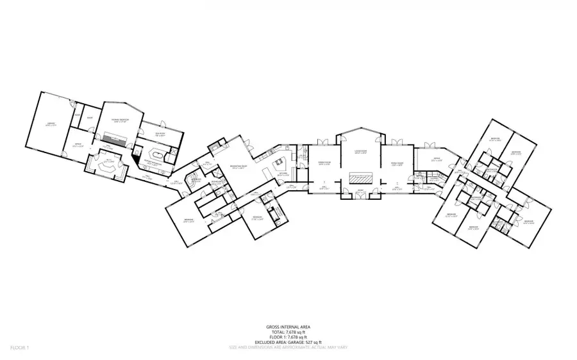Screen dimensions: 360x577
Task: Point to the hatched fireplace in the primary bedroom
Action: (x=116, y=138)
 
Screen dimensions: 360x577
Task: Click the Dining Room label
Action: (x=324, y=164)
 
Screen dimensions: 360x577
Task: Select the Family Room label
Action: (x=396, y=165)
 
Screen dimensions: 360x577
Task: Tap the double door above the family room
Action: (x=396, y=141)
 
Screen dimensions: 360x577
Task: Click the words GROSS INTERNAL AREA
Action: (x=288, y=327)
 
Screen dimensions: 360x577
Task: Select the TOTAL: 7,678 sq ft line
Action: (x=288, y=332)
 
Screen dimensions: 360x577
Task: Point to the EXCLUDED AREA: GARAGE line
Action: (x=288, y=343)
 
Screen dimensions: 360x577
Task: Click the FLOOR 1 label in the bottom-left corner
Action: (x=19, y=348)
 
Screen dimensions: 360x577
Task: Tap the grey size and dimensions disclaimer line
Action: (x=288, y=348)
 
